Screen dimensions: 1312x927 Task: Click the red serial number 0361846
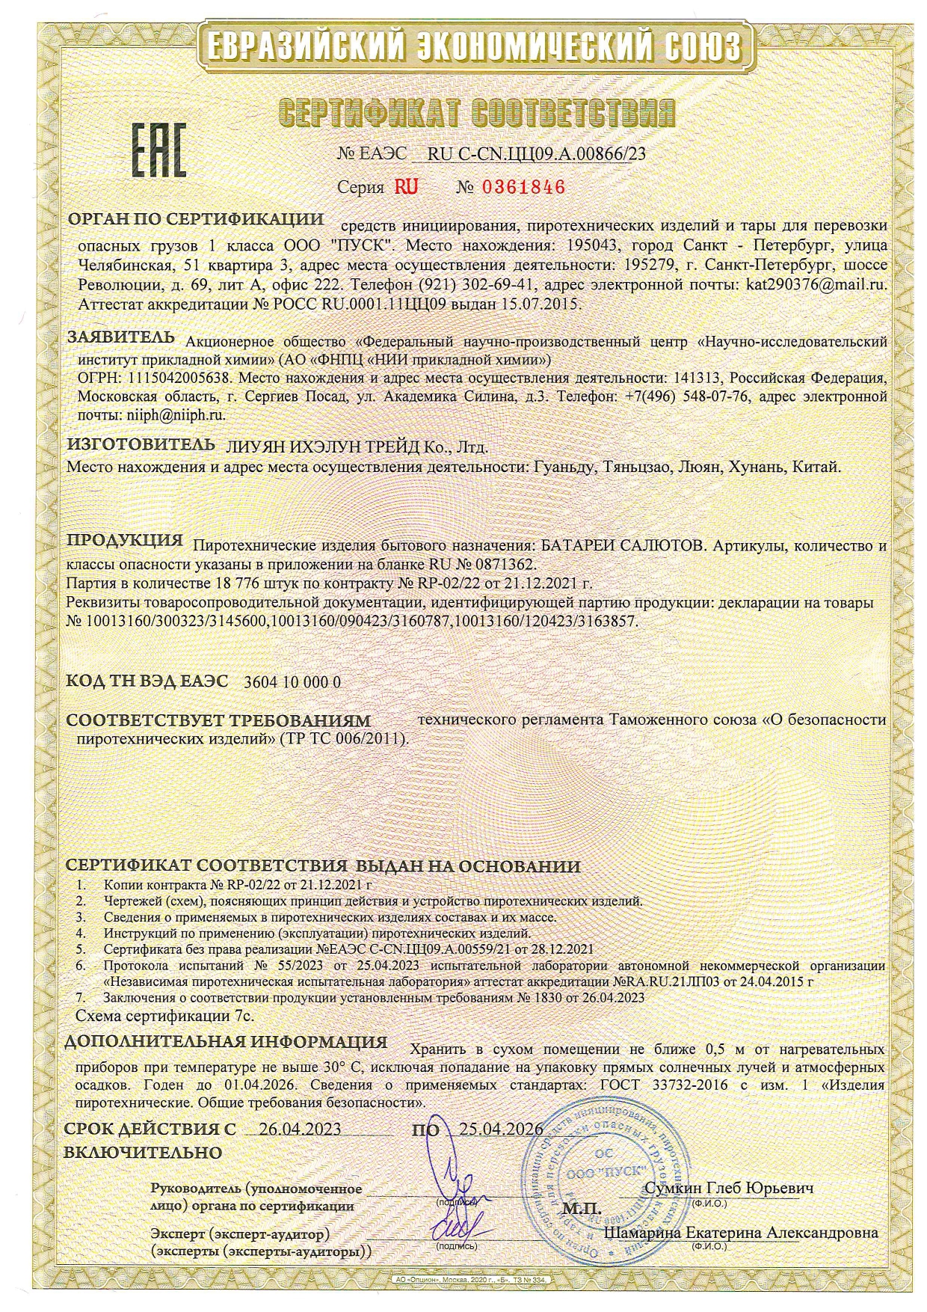click(x=522, y=187)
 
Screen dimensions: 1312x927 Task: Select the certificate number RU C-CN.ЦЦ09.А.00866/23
click(x=535, y=154)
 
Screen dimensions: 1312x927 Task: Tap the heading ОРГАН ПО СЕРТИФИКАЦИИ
click(x=196, y=220)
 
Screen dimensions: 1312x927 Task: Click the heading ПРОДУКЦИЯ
click(x=125, y=541)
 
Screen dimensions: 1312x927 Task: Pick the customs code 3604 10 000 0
click(x=292, y=682)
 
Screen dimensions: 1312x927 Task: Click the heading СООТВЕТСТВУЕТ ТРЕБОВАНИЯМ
click(x=218, y=721)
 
